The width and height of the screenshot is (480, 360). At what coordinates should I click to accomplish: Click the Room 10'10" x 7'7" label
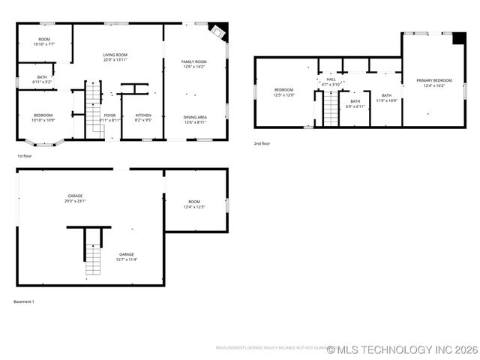pyautogui.click(x=43, y=42)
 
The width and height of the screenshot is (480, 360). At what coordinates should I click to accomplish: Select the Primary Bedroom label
pyautogui.click(x=434, y=82)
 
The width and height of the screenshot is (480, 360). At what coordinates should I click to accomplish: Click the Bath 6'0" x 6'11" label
pyautogui.click(x=355, y=103)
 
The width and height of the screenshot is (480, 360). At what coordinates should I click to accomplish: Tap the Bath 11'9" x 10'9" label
pyautogui.click(x=386, y=97)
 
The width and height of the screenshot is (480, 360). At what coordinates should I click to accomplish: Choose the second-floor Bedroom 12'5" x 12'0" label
pyautogui.click(x=283, y=92)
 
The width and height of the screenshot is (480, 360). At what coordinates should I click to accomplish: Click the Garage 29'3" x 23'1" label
pyautogui.click(x=75, y=199)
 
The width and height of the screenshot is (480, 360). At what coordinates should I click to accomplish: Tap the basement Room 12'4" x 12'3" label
pyautogui.click(x=194, y=204)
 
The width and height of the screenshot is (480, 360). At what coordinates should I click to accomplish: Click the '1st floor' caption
pyautogui.click(x=24, y=155)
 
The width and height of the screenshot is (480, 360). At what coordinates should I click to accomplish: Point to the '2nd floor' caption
pyautogui.click(x=262, y=142)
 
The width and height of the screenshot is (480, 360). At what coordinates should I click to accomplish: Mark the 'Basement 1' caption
pyautogui.click(x=24, y=301)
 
